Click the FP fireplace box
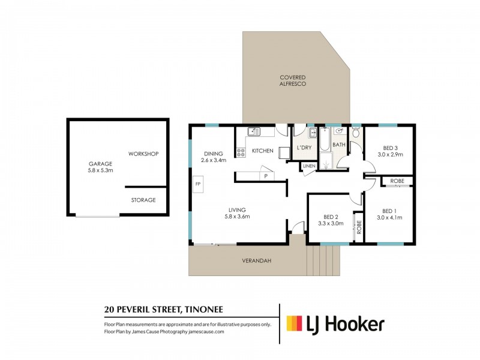pyautogui.click(x=198, y=184)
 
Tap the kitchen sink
pyautogui.click(x=254, y=131)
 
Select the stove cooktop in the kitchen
pyautogui.click(x=241, y=152)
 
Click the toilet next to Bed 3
pyautogui.click(x=356, y=132)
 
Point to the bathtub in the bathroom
pyautogui.click(x=325, y=139)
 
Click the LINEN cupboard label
pyautogui.click(x=309, y=166)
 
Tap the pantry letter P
pyautogui.click(x=266, y=176)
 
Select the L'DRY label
pyautogui.click(x=304, y=148)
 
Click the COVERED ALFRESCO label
pyautogui.click(x=293, y=80)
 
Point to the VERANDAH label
pyautogui.click(x=257, y=261)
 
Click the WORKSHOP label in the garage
pyautogui.click(x=143, y=154)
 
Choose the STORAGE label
pyautogui.click(x=143, y=200)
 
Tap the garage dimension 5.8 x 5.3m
pyautogui.click(x=100, y=170)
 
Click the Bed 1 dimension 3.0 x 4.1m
pyautogui.click(x=389, y=218)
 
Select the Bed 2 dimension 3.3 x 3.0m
pyautogui.click(x=331, y=223)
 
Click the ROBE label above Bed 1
pyautogui.click(x=397, y=181)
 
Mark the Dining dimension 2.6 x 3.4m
pyautogui.click(x=214, y=160)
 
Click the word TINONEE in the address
pyautogui.click(x=203, y=310)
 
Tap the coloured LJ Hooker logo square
pyautogui.click(x=294, y=323)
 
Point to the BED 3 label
pyautogui.click(x=390, y=148)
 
